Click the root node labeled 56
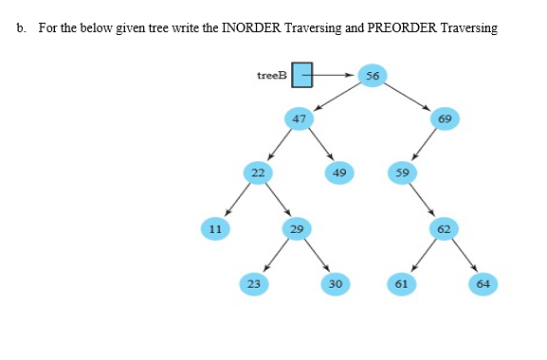(x=372, y=76)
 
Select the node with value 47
(x=299, y=118)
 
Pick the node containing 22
(x=256, y=172)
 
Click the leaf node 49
(x=338, y=172)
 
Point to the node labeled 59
(x=402, y=172)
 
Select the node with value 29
(x=297, y=227)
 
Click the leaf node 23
(x=253, y=282)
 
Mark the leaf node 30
(x=335, y=282)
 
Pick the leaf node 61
(x=401, y=282)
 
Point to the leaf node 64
(x=483, y=282)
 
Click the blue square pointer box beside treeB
(x=302, y=75)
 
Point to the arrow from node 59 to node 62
(x=423, y=200)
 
